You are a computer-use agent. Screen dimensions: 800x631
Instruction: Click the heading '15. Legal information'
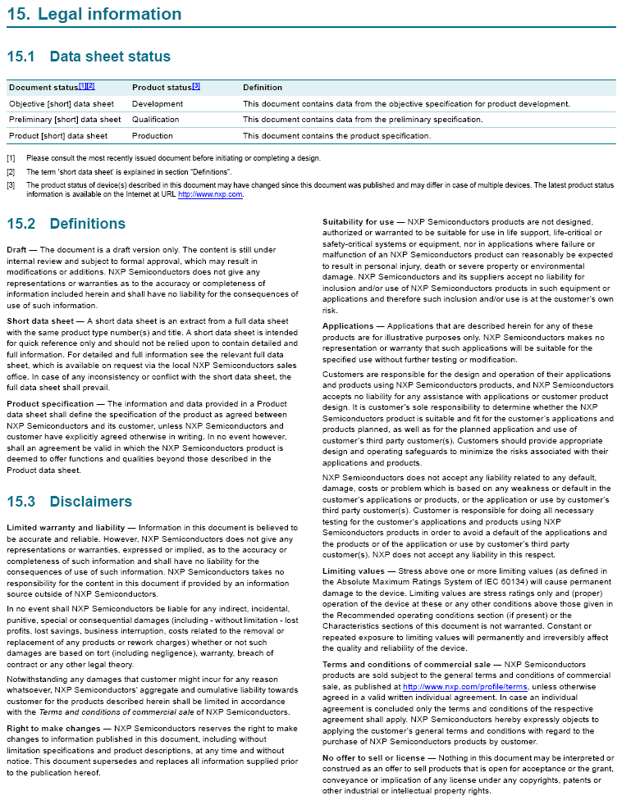point(94,14)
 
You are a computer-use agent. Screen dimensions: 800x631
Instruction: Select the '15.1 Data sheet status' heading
point(89,57)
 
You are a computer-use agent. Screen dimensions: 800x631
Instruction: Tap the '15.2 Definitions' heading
point(66,224)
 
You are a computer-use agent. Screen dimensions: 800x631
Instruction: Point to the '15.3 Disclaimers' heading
point(69,501)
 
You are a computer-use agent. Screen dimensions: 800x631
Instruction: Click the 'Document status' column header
point(43,88)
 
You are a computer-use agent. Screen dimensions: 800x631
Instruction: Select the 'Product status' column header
point(161,88)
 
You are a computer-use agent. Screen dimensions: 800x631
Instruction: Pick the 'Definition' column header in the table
point(263,88)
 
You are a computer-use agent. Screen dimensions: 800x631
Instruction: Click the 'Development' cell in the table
point(158,104)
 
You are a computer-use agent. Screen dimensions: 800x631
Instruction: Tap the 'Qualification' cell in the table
point(155,120)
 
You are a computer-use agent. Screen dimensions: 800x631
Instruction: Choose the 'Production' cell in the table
point(153,136)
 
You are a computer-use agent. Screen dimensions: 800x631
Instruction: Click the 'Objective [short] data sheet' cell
point(62,104)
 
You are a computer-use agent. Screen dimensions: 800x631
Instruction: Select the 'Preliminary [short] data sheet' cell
point(65,120)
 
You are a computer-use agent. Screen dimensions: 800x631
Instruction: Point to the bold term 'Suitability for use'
point(359,222)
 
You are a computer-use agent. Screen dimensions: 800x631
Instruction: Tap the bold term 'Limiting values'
point(353,570)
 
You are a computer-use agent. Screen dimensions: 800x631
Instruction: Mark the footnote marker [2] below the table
point(11,172)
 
